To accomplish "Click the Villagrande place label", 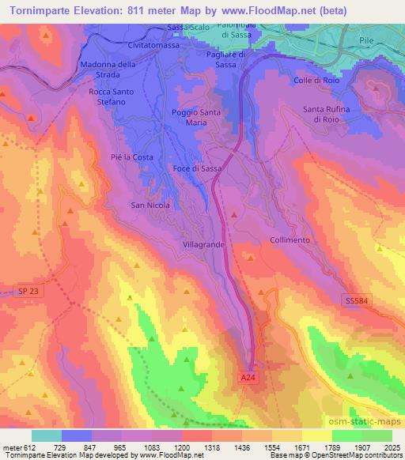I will (205, 246).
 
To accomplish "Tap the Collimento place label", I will (290, 239).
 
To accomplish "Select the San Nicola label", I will (150, 205).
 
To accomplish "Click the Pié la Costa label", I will (132, 157).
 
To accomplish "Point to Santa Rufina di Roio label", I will (326, 114).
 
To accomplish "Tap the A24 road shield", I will (248, 379).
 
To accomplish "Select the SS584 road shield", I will (358, 300).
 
